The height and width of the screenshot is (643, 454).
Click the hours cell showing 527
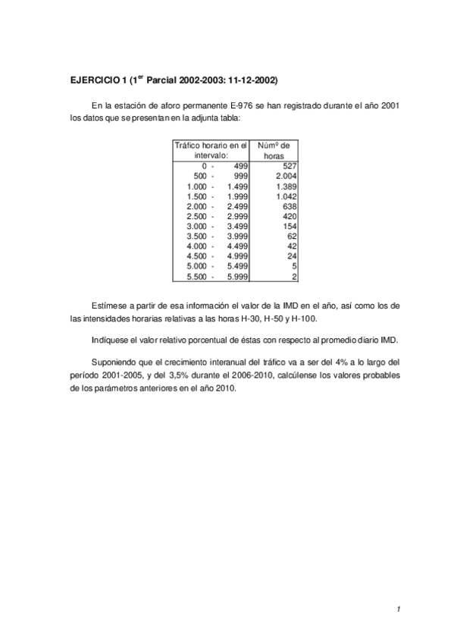pos(289,165)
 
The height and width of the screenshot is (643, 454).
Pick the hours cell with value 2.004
pos(285,176)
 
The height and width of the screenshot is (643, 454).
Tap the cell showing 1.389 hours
pos(285,186)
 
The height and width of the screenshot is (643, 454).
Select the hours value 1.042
pos(285,196)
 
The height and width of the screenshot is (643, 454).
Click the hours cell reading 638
pos(289,206)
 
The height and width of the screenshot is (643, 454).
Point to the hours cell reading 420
pos(289,216)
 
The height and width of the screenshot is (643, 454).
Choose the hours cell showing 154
pos(289,226)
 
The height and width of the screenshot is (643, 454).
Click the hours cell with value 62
pos(292,237)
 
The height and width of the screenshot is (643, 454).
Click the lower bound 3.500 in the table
pos(196,237)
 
